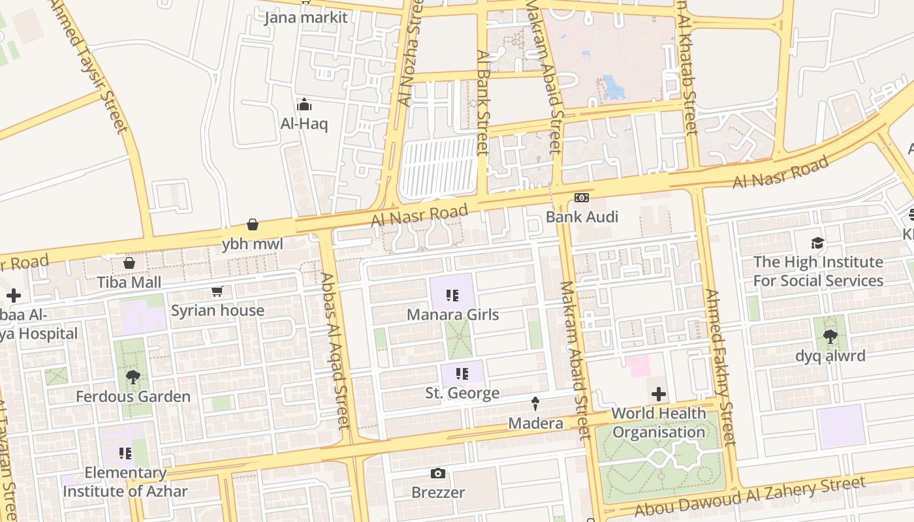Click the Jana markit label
point(306,18)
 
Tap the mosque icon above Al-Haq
point(304,104)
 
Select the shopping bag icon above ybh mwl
point(253,224)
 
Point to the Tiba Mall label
point(129,283)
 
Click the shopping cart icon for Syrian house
point(217,291)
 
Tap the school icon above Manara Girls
point(452,296)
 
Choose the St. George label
point(462,393)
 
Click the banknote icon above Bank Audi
point(582,198)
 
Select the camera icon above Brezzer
point(438,473)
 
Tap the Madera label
point(535,423)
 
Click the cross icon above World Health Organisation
point(659,394)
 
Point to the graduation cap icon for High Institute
point(817,243)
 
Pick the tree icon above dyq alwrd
point(830,337)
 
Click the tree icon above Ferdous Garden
point(133,377)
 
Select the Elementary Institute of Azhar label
point(125,482)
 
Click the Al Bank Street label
point(483,102)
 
